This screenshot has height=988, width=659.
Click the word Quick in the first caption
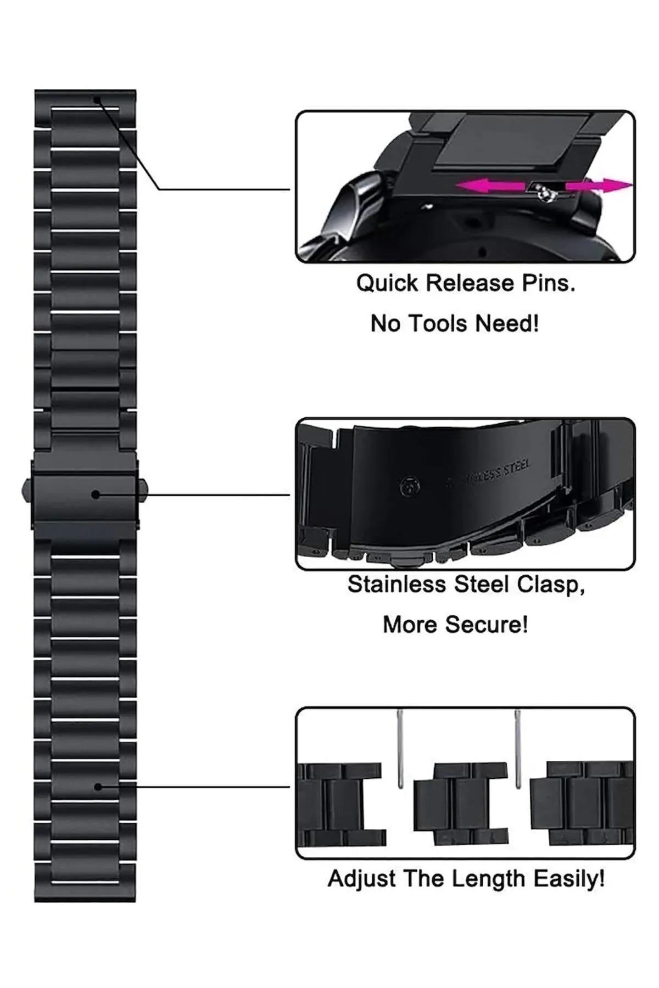(388, 284)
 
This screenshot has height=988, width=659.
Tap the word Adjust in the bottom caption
(362, 879)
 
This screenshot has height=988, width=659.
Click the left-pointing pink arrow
(489, 187)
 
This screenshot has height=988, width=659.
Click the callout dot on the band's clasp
(96, 495)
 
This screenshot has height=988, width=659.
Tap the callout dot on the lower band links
(98, 787)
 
